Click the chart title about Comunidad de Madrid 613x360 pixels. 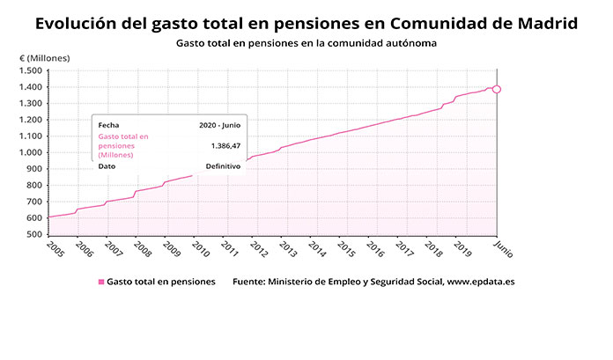tap(306, 23)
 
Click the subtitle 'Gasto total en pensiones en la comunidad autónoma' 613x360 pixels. tap(306, 42)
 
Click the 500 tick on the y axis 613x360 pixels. tap(34, 235)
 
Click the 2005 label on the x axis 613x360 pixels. tap(55, 249)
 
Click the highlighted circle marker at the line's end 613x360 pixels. tap(498, 89)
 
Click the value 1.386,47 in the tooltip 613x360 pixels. tap(226, 145)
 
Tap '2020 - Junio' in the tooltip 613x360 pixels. tap(220, 125)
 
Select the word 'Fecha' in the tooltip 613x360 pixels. tap(109, 125)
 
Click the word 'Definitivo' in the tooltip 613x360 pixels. tap(223, 165)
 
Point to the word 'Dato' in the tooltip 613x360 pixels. tap(107, 165)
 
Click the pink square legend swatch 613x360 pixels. tap(101, 283)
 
